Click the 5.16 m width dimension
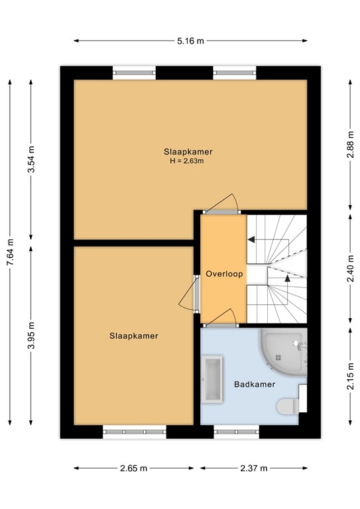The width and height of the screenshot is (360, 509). tap(190, 41)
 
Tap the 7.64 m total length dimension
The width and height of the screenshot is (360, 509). tap(11, 253)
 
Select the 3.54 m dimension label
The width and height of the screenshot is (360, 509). tap(31, 160)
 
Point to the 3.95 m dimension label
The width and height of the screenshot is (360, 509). tap(31, 335)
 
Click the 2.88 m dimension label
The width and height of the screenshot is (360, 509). tap(350, 144)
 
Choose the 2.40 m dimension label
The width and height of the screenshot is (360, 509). tap(350, 269)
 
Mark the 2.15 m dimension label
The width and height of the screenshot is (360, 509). tap(350, 376)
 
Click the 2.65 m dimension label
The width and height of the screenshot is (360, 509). tap(133, 468)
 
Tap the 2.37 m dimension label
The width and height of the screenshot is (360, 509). tap(253, 468)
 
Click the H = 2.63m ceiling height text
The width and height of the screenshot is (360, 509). tap(187, 160)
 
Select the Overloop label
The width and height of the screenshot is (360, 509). tap(224, 274)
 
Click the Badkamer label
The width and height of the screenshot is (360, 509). tap(255, 384)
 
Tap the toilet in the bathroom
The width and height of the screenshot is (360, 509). tap(288, 406)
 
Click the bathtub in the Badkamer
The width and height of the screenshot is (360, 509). tap(212, 380)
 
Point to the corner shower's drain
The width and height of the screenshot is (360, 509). tap(278, 357)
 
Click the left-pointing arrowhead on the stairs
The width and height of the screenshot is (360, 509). tap(251, 239)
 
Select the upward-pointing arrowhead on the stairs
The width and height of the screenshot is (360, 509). tap(287, 278)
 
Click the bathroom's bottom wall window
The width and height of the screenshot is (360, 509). tap(236, 431)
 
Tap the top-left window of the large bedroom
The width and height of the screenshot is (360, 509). tap(134, 73)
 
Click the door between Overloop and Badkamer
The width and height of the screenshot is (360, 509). tap(221, 317)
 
